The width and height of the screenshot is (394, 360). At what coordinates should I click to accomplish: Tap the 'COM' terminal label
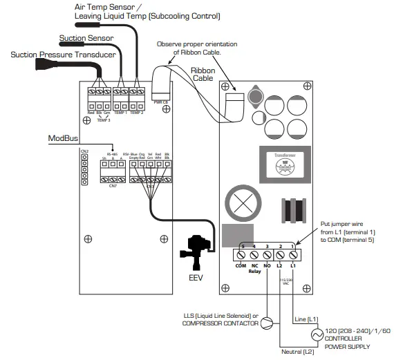point(241,265)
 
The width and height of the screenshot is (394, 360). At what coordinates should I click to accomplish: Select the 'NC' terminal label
point(254,265)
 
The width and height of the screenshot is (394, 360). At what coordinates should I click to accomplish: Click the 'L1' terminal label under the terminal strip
point(293,265)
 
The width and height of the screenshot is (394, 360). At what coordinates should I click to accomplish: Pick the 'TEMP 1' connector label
point(120,111)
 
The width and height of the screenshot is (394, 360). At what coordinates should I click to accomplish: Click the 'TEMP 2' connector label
point(137,111)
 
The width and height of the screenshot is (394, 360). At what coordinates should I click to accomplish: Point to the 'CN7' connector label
point(113,186)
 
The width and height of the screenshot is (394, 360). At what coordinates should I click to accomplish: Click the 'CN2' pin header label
point(84,150)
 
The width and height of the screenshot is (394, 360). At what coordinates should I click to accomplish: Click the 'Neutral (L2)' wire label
point(298,352)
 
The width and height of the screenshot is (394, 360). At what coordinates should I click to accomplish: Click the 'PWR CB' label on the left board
point(159,102)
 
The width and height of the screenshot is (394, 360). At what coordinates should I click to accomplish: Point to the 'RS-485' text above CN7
point(113,154)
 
